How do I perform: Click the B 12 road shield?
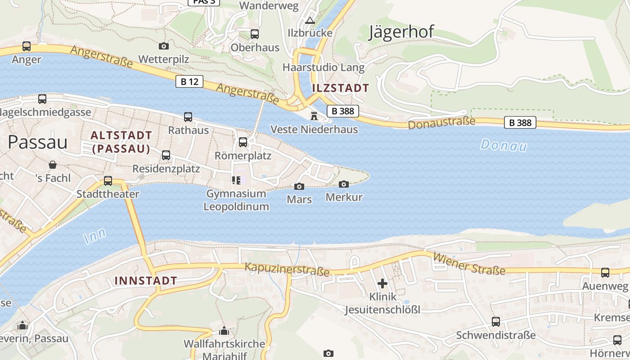click(x=189, y=81)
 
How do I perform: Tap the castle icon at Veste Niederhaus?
click(x=314, y=116)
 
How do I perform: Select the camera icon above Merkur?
click(x=344, y=184)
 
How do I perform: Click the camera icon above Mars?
click(x=299, y=186)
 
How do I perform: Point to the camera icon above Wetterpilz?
click(x=164, y=46)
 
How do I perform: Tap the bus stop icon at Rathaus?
click(x=188, y=117)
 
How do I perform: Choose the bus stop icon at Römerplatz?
click(x=243, y=142)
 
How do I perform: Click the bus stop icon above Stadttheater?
click(x=108, y=181)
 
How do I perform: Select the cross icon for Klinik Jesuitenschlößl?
click(x=382, y=283)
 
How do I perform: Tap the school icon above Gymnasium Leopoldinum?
click(x=236, y=180)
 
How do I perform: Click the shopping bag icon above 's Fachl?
click(x=53, y=165)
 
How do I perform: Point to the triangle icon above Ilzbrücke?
click(x=310, y=20)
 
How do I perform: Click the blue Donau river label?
click(x=504, y=145)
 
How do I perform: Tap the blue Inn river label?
click(x=95, y=236)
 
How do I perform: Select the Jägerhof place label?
click(x=401, y=32)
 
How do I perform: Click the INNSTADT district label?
click(x=146, y=281)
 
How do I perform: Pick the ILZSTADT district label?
click(x=341, y=88)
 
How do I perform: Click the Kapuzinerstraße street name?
click(x=287, y=270)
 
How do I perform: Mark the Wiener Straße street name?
click(x=469, y=264)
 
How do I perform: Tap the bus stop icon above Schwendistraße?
click(x=496, y=322)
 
